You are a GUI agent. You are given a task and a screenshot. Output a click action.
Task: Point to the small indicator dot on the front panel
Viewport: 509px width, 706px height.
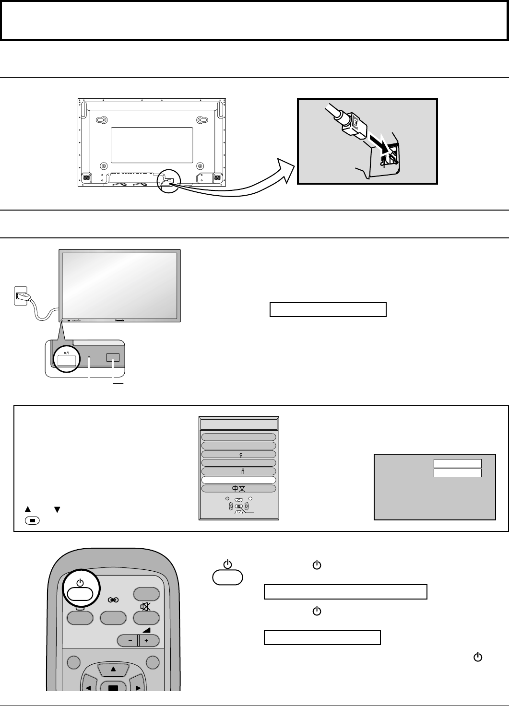click(89, 357)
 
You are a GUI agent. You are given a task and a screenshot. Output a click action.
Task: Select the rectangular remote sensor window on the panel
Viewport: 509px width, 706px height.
click(113, 357)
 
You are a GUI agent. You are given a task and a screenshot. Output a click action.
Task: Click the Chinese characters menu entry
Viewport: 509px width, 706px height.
click(238, 488)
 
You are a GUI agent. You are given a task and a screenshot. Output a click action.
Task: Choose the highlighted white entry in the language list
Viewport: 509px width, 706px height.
click(238, 480)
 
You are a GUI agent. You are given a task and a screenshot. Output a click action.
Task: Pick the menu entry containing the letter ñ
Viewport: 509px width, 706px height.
click(238, 471)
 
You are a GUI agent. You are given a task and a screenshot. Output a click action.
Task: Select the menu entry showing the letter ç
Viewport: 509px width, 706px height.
click(238, 454)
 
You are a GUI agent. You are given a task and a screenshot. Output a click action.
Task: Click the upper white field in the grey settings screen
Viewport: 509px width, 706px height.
click(457, 463)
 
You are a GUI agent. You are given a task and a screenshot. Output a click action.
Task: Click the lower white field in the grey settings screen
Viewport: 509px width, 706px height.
click(457, 473)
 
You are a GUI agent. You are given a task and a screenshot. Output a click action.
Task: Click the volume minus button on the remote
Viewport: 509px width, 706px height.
click(127, 640)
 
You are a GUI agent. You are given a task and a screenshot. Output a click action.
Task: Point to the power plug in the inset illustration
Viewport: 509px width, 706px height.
click(352, 124)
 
